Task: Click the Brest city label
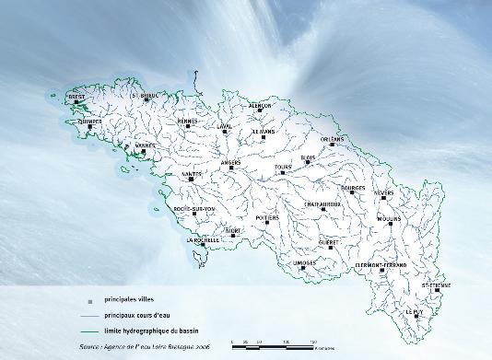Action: tap(77, 95)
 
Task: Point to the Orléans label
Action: tap(332, 139)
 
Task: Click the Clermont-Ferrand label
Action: tap(381, 265)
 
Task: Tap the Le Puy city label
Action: tap(416, 312)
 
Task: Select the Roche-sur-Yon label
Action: tap(193, 209)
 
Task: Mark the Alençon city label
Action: tap(261, 106)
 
